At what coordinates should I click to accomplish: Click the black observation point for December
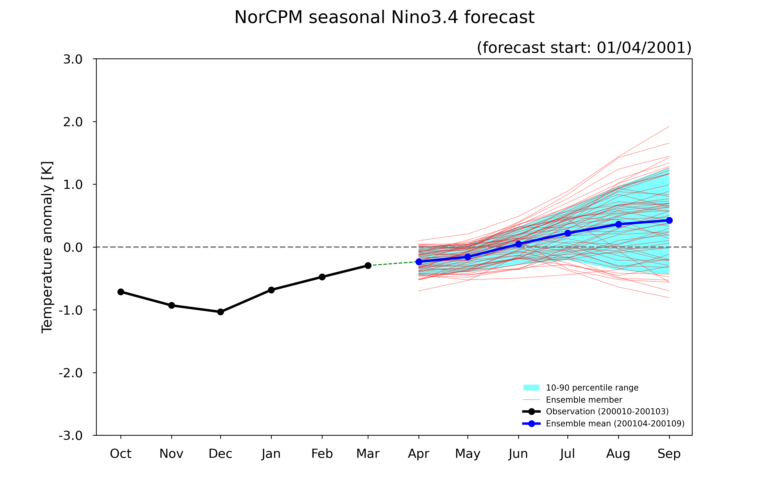coord(220,312)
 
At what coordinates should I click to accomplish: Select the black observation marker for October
coord(121,292)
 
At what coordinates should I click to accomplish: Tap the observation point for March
coord(368,265)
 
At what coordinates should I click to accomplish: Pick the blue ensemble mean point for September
coord(669,220)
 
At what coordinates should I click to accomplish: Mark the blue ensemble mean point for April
coord(419,262)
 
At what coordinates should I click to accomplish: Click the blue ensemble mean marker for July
coord(567,233)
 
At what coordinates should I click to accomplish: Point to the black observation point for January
coord(271,290)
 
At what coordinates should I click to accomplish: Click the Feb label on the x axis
coord(322,454)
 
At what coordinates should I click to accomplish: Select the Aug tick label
coord(618,454)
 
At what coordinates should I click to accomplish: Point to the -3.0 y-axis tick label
coord(71,435)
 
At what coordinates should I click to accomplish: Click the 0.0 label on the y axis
coord(73,247)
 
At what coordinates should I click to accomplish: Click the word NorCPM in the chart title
coord(268,17)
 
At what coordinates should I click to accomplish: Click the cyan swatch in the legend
coord(531,387)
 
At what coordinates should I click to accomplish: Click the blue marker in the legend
coord(531,424)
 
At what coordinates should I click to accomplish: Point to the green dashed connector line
coord(393,264)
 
